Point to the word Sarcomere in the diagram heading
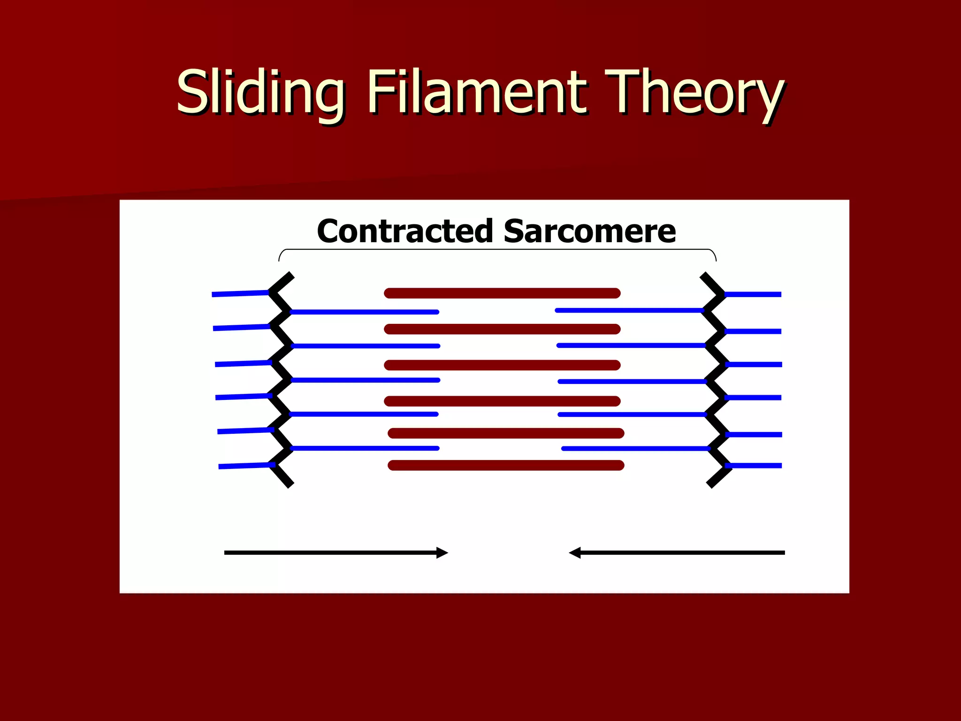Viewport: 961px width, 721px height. coord(589,231)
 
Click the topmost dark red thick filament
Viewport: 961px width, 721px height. coord(502,293)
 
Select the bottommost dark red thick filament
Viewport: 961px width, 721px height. coord(506,465)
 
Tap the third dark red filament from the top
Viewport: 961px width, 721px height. coord(502,365)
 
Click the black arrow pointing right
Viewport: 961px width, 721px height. coord(336,552)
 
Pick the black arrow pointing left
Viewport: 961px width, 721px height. coord(677,552)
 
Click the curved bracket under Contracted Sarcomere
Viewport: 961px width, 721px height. coord(497,250)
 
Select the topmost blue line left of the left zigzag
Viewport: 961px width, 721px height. coord(240,293)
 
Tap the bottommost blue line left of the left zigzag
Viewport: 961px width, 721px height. coord(247,465)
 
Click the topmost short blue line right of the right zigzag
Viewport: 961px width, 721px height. coord(753,294)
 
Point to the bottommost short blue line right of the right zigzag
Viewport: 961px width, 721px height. coord(754,466)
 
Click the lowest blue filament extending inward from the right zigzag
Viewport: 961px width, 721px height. coord(635,449)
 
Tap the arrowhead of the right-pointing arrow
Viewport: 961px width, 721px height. coord(442,552)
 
